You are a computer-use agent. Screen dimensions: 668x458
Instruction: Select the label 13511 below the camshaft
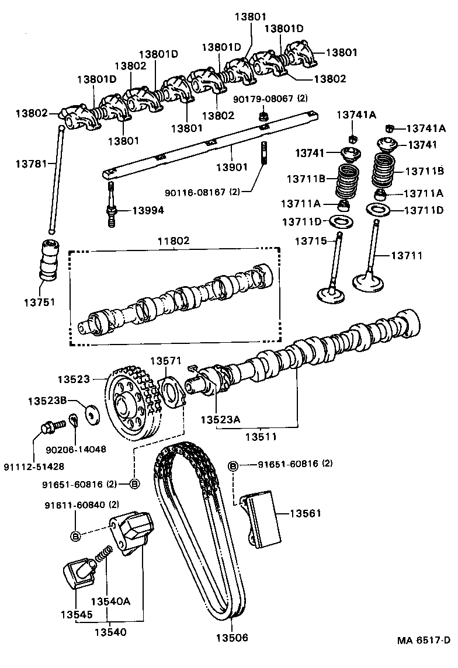[261, 436]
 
